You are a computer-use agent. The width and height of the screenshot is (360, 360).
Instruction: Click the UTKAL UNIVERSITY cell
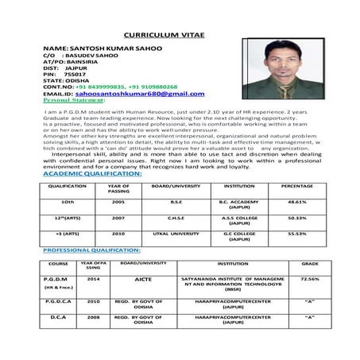[176, 234]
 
